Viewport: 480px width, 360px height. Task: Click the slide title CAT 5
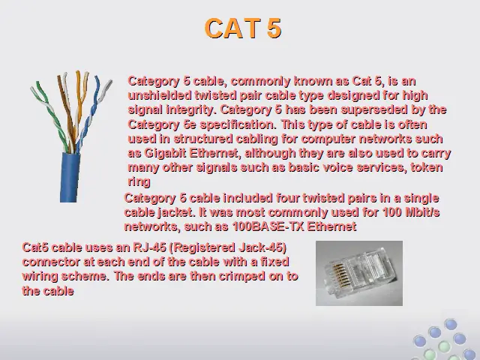coord(243,28)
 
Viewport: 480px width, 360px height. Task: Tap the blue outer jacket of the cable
coord(70,177)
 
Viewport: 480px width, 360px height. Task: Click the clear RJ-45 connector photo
coord(359,273)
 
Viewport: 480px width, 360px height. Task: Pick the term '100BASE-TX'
coord(268,226)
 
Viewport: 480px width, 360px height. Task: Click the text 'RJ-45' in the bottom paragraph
coord(149,247)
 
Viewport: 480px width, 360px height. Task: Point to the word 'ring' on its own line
coord(139,181)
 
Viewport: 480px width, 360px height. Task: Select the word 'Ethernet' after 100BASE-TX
coord(331,226)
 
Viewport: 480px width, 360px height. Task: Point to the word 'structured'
coord(203,139)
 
